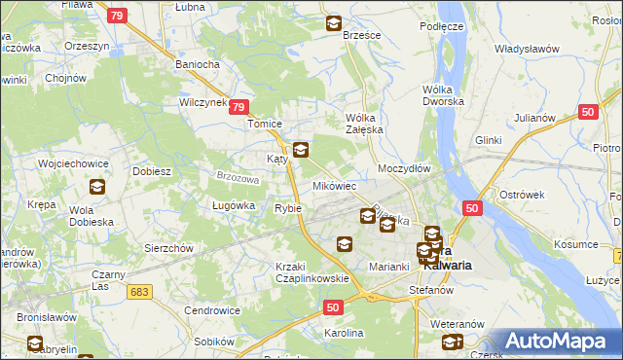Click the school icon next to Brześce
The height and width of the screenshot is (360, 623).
click(x=334, y=23)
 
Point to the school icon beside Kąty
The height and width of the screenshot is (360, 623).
click(x=301, y=150)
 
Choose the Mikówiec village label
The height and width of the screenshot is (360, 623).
click(x=334, y=185)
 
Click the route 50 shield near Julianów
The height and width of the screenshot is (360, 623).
click(x=587, y=112)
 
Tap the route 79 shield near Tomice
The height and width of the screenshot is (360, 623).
click(x=242, y=108)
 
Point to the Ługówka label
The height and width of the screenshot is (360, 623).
click(x=233, y=205)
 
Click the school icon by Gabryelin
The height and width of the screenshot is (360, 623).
click(x=34, y=343)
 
